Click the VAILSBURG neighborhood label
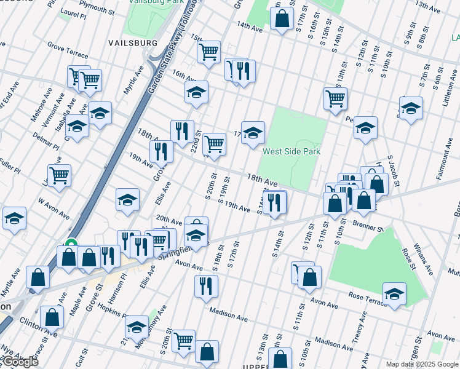(133, 43)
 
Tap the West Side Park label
(291, 151)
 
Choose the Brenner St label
(368, 227)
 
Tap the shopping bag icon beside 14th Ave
(282, 19)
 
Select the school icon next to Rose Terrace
(394, 293)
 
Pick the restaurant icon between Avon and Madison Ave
(205, 285)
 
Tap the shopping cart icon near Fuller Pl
(59, 175)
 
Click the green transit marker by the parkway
(71, 244)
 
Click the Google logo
(20, 362)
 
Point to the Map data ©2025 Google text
(421, 364)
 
